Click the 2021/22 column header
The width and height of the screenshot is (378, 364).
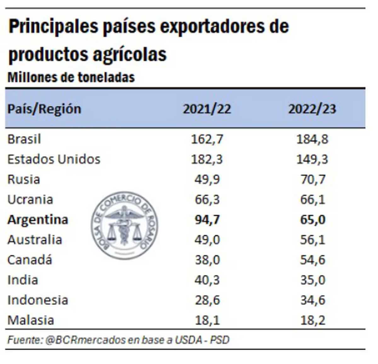(x=207, y=109)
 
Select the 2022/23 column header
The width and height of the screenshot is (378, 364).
(x=312, y=109)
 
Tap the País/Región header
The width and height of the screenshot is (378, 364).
(x=44, y=109)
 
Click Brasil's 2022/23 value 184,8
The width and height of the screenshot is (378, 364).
(x=312, y=139)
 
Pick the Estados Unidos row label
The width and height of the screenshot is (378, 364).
(x=54, y=159)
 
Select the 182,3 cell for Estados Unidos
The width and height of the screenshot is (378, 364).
(x=207, y=159)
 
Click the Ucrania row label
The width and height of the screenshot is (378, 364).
(x=30, y=199)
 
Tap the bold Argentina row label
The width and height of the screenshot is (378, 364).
(x=38, y=220)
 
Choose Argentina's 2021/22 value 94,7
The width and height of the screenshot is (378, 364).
(x=207, y=220)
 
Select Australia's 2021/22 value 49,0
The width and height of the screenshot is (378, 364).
(x=207, y=240)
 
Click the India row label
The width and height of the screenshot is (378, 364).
(x=23, y=280)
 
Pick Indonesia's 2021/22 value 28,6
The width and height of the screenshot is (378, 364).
(x=207, y=300)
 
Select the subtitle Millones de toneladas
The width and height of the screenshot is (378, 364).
(x=71, y=78)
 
